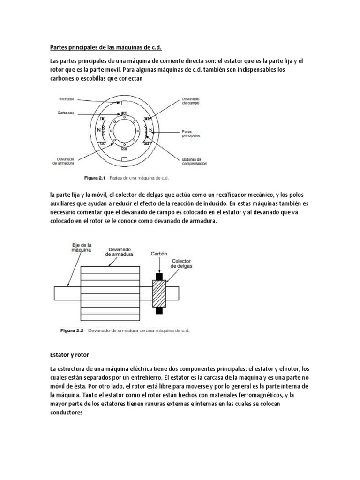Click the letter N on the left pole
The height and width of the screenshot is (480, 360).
coord(99,129)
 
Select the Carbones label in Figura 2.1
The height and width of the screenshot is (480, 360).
coord(69,112)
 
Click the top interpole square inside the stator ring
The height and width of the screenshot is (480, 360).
coord(124,103)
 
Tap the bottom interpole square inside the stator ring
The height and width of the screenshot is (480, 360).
coord(124,158)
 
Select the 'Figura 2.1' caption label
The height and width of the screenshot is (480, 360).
coord(96,178)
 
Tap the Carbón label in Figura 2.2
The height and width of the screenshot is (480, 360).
coord(159,253)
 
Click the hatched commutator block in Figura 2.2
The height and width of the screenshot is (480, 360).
coord(159,293)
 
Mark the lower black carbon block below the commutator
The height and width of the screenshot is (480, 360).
coord(159,310)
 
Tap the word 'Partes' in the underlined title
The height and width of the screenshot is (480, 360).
coord(59,47)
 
